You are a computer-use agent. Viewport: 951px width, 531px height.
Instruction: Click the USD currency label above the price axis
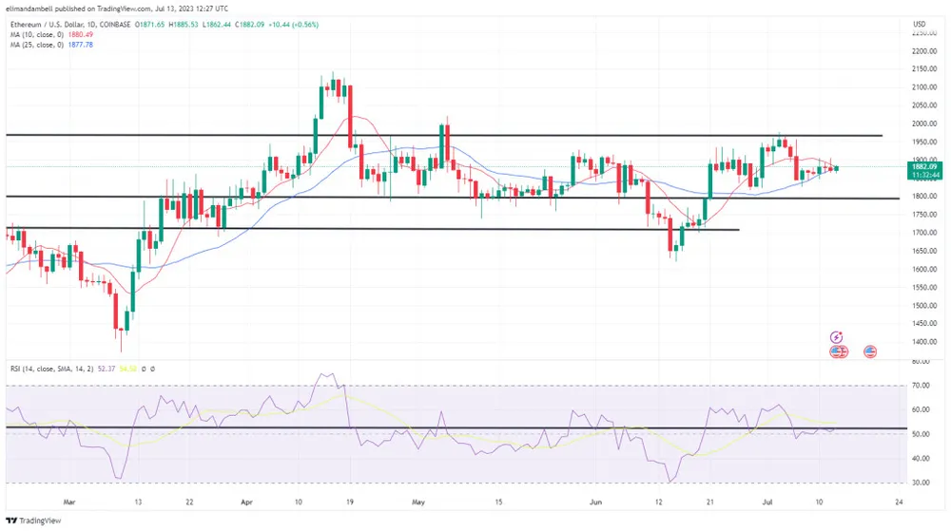[x=919, y=24]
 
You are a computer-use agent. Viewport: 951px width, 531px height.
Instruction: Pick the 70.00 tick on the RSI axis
[x=919, y=386]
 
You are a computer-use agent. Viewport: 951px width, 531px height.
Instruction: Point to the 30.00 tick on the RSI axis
[x=919, y=483]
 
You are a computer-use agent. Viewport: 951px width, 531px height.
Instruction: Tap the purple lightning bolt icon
[x=836, y=336]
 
